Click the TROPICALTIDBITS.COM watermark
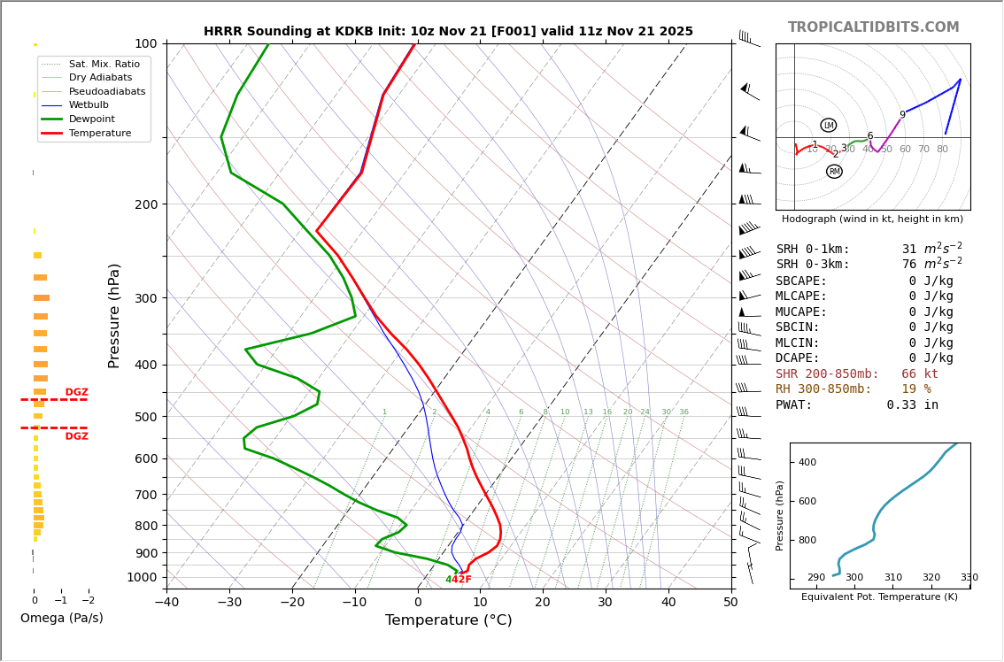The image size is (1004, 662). (x=873, y=27)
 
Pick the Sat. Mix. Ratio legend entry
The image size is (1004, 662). (x=104, y=65)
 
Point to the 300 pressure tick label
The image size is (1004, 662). (x=144, y=298)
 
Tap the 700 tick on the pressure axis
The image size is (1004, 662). (x=144, y=495)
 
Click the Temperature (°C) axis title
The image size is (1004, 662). (x=448, y=621)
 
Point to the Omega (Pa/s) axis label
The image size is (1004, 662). (x=61, y=619)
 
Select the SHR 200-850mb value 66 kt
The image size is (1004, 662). (x=919, y=374)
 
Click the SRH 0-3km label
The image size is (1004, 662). (x=812, y=265)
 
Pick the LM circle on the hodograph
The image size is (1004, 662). (x=828, y=126)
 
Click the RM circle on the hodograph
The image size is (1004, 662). (x=834, y=172)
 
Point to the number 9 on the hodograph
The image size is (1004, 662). (x=902, y=115)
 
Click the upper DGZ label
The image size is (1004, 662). (x=76, y=392)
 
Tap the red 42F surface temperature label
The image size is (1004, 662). (x=461, y=580)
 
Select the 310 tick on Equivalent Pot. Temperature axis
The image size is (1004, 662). (x=892, y=578)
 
